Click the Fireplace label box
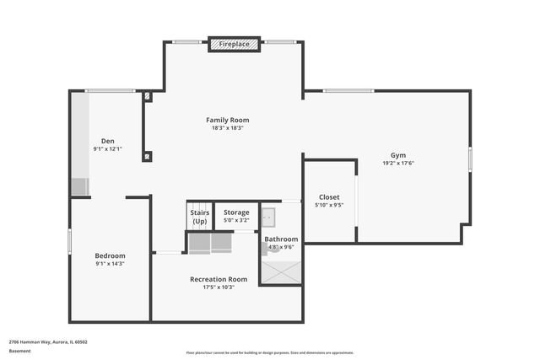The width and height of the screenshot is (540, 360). pos(234,43)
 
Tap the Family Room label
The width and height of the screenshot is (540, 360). pos(228,120)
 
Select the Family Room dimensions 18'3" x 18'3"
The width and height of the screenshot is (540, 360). pos(228,128)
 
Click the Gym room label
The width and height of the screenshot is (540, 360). pos(397,155)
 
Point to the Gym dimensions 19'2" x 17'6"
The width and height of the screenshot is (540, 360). pos(397,163)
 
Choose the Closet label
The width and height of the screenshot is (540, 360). pos(329,196)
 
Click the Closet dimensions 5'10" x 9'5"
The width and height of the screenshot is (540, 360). pos(329,205)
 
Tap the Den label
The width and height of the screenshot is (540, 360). pos(108,141)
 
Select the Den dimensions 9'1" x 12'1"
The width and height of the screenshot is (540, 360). pos(108,149)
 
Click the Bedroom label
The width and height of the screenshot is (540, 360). pos(110,255)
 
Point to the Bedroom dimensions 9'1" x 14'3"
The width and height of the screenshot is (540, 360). pos(110,264)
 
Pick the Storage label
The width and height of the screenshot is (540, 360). pos(236,212)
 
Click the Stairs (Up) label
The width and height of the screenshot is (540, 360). pos(200,217)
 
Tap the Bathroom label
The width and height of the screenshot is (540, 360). pos(281,239)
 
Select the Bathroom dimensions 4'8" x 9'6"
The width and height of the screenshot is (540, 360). pos(281,247)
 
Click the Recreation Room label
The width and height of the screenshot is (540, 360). pos(219,279)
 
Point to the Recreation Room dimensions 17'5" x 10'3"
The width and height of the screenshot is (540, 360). pos(219,287)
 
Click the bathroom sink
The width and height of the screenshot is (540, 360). pos(268,218)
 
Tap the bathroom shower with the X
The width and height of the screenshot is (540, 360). pos(281,271)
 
